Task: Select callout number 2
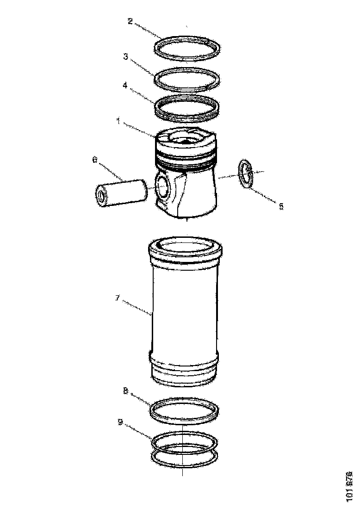[130, 21]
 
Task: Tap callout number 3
[125, 56]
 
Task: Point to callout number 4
[125, 85]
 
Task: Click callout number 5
[281, 206]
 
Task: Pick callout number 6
[94, 160]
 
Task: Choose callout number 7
[118, 298]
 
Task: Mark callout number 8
[125, 391]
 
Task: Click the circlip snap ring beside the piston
[245, 174]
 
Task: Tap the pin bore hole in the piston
[163, 186]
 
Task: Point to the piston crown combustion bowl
[185, 138]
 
